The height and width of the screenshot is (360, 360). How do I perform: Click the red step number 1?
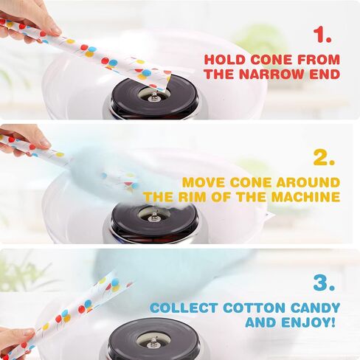click(x=323, y=35)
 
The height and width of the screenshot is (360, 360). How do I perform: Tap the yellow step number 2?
click(x=324, y=157)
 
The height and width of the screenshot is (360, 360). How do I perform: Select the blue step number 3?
click(x=325, y=283)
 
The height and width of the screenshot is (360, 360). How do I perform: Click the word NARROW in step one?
click(x=273, y=74)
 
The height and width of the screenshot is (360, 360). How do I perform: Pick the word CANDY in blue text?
click(x=316, y=308)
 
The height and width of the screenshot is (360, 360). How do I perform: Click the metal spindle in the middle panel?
click(x=154, y=217)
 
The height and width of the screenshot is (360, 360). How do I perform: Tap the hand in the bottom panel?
click(x=16, y=343)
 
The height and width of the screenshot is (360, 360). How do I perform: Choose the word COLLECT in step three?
click(x=184, y=308)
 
